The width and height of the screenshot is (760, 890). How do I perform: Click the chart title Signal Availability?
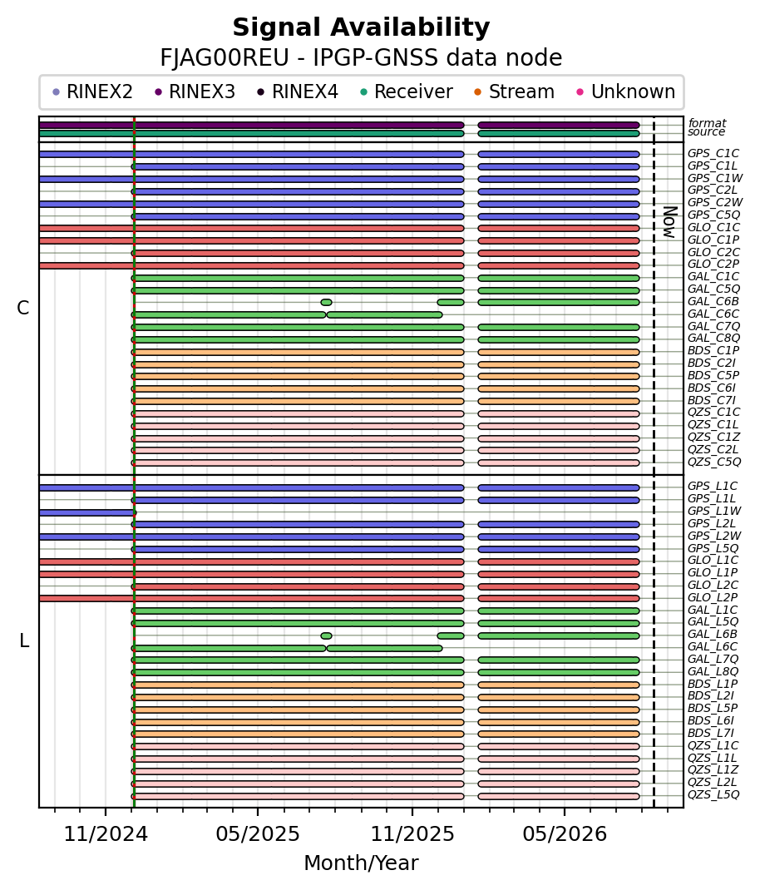point(361,27)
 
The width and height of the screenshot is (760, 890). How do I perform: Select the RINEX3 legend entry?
point(195,92)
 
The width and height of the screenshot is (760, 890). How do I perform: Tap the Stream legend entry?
point(514,92)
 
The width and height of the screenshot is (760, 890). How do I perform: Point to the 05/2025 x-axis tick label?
point(258,833)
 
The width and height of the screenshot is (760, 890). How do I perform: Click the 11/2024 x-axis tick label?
point(106,833)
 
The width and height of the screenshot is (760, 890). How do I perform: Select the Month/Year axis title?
point(361,863)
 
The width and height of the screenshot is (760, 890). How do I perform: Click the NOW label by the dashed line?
point(670,223)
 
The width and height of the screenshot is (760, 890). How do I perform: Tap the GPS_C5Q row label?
point(714,215)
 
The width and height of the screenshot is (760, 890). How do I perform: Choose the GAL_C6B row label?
point(713,301)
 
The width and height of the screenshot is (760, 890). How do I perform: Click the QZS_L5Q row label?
point(713,794)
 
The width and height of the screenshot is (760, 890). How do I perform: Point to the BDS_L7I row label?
point(711,734)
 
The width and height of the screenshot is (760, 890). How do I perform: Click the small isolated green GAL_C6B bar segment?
point(326,303)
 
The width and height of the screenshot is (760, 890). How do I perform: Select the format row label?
point(708,123)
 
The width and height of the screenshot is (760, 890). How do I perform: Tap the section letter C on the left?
point(23,308)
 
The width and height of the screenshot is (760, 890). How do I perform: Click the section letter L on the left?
point(24,640)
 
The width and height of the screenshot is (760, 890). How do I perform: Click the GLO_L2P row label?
point(713,597)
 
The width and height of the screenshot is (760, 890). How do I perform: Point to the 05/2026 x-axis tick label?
point(565,833)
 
